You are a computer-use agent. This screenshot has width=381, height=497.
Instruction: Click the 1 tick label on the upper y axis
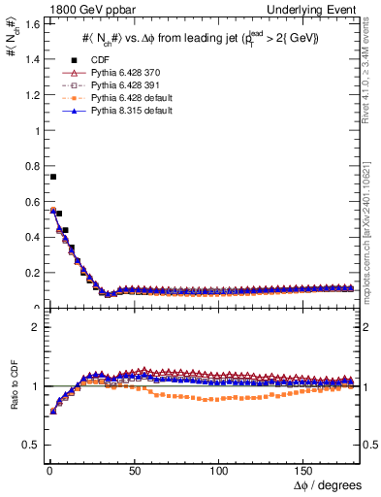32,130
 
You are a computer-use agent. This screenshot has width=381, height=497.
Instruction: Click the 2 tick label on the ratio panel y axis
32,327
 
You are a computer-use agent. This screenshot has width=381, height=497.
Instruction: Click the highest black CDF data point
53,177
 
